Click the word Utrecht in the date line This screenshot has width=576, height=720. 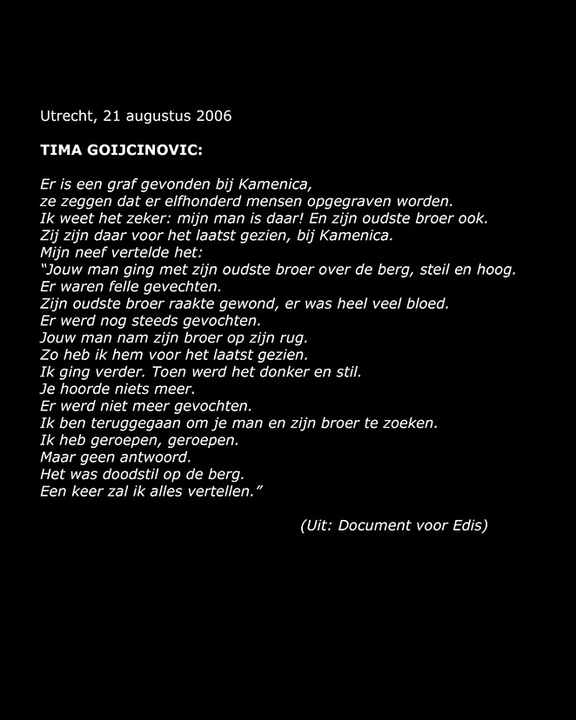pos(67,115)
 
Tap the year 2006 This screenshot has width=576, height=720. pos(214,115)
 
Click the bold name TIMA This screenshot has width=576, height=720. pos(59,150)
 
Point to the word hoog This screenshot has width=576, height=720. pos(497,270)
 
